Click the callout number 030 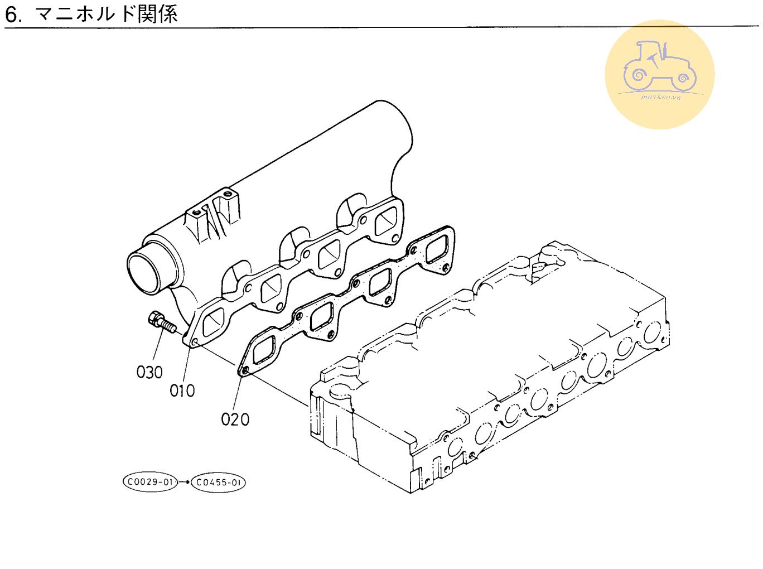click(149, 372)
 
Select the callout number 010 click(182, 390)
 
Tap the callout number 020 click(235, 419)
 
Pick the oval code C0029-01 click(149, 482)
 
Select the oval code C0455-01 click(218, 482)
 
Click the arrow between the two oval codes click(183, 482)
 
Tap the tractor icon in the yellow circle click(659, 67)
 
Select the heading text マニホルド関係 click(106, 13)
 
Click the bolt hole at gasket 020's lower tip click(243, 369)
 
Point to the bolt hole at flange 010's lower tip click(194, 341)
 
